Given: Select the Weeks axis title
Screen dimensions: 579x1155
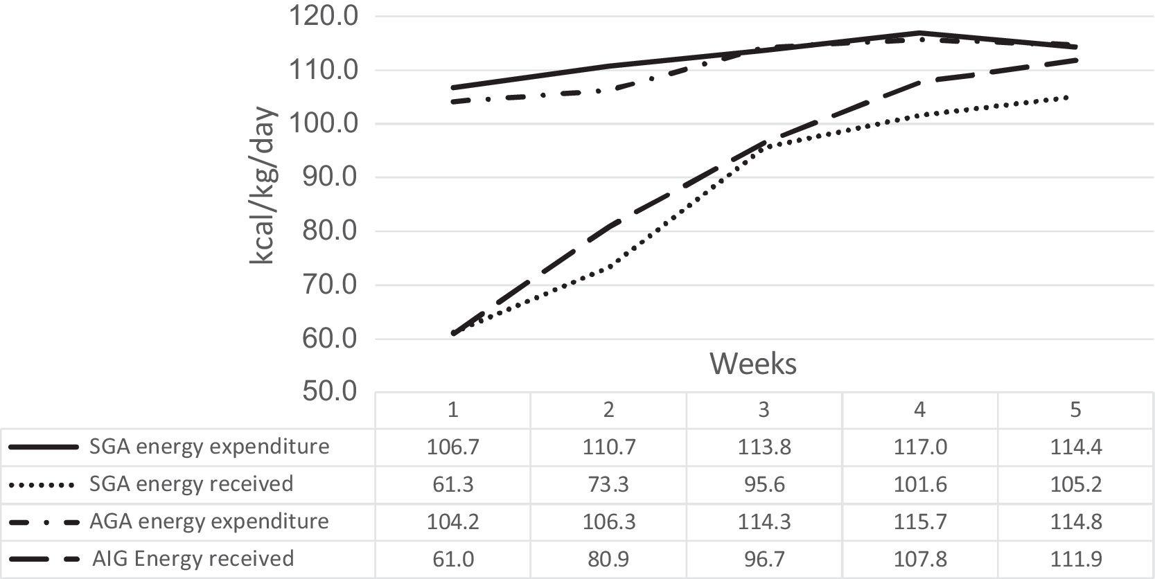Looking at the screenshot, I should pyautogui.click(x=753, y=364).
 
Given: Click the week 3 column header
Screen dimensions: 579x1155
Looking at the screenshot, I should pyautogui.click(x=764, y=410).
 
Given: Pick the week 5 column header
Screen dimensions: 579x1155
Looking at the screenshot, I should pyautogui.click(x=1075, y=410).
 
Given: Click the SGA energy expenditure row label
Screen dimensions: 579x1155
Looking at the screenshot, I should pyautogui.click(x=209, y=447).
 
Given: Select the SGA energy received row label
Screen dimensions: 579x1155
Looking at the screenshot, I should pyautogui.click(x=191, y=483).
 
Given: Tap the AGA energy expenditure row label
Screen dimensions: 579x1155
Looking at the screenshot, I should pyautogui.click(x=209, y=521).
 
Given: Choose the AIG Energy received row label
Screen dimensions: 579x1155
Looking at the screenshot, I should pyautogui.click(x=193, y=559).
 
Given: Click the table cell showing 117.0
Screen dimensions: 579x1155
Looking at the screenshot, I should pyautogui.click(x=919, y=447).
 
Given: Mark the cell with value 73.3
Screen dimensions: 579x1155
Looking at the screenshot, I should pyautogui.click(x=608, y=483).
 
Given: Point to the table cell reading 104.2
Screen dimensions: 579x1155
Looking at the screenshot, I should pyautogui.click(x=452, y=521).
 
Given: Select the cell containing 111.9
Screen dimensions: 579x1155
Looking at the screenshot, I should pyautogui.click(x=1075, y=559).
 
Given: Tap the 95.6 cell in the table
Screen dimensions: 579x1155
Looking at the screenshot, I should pyautogui.click(x=764, y=483).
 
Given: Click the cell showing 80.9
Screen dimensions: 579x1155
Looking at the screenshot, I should pyautogui.click(x=608, y=559).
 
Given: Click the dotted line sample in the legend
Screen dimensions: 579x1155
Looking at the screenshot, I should pyautogui.click(x=42, y=484).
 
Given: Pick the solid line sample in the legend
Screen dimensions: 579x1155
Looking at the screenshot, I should pyautogui.click(x=42, y=447).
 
